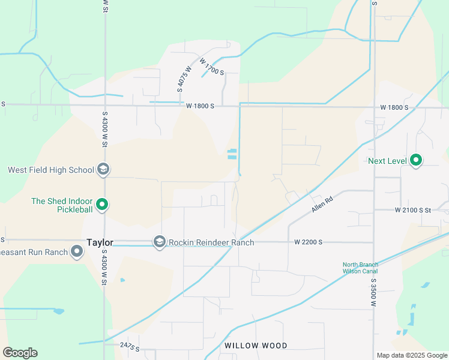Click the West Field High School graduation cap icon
tap(103, 170)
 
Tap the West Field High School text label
tap(51, 170)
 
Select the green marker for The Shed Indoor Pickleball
tap(102, 205)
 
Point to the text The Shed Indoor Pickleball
tap(62, 205)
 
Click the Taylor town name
tap(100, 242)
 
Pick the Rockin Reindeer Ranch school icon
tap(159, 242)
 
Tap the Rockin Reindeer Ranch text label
tap(211, 242)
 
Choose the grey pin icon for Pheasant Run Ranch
tap(76, 251)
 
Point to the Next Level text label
tap(387, 161)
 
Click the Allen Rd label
tap(322, 205)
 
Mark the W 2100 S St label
tap(413, 210)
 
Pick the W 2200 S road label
tap(309, 242)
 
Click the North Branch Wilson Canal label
tap(360, 268)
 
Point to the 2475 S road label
tap(129, 347)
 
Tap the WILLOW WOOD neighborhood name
tap(256, 346)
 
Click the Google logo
tap(20, 352)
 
